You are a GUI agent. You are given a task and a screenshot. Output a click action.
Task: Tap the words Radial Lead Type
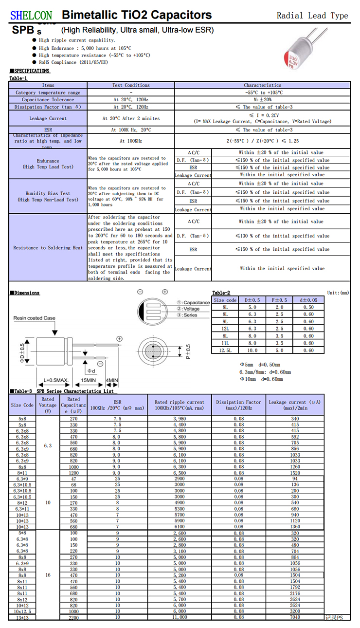coord(312,16)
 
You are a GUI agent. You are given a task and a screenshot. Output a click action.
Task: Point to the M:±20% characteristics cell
coord(263,99)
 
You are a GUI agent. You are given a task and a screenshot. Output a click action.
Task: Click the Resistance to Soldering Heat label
coord(48,248)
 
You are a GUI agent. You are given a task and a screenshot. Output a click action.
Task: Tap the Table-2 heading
coord(221,293)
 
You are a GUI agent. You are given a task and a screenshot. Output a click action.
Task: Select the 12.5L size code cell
coord(225,350)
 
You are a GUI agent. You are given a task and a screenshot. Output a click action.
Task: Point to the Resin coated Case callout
coord(34,318)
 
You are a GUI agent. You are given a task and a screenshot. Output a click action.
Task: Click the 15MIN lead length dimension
coord(88,380)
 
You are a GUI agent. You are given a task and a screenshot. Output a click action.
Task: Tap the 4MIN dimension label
coord(111,380)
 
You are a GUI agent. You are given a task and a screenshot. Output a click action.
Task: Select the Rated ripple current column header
coord(180,405)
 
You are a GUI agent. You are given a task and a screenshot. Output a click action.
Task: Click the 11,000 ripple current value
coord(180,617)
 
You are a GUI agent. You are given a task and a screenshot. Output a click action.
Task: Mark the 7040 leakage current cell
coord(295,617)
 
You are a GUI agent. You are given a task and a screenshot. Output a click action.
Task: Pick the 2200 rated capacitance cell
coord(73,617)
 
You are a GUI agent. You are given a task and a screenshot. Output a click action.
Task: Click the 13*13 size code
coord(22,617)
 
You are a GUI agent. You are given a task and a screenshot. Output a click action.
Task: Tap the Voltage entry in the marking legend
coord(192,309)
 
